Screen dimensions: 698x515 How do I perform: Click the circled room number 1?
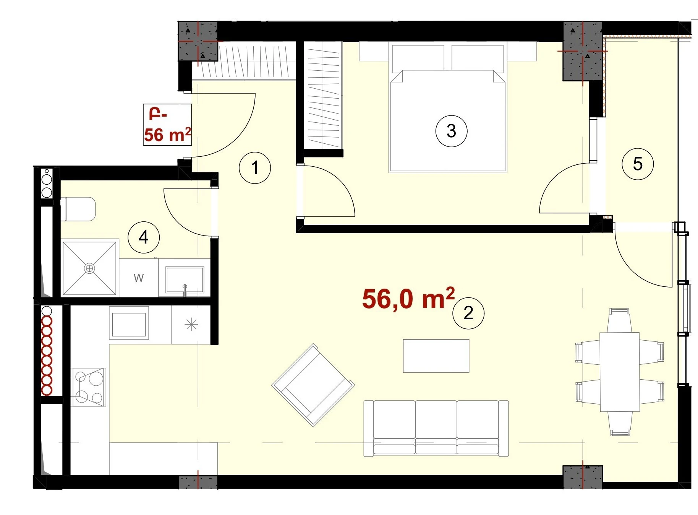[x=255, y=167]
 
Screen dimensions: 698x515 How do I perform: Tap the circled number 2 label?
[x=468, y=313]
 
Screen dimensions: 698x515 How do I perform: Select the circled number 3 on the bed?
[x=451, y=131]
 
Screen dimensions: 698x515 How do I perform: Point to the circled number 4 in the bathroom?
[x=144, y=237]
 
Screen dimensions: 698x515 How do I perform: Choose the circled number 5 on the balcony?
[x=638, y=164]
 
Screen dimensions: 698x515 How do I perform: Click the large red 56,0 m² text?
[x=408, y=298]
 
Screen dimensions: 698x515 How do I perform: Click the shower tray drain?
[x=89, y=268]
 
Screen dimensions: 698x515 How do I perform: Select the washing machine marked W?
[x=139, y=278]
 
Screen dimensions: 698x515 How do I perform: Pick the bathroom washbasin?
[x=185, y=279]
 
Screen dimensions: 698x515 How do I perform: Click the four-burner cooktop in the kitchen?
[x=89, y=387]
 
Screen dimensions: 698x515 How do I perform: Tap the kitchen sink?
[x=129, y=323]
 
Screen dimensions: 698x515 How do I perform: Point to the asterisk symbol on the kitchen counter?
[x=191, y=325]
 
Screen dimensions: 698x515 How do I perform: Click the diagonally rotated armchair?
[x=313, y=385]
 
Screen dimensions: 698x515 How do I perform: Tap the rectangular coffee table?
[x=436, y=356]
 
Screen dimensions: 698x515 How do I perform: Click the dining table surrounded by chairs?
[x=620, y=372]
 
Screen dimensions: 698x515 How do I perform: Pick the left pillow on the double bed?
[x=418, y=58]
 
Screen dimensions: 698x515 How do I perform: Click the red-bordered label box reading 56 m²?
[x=167, y=125]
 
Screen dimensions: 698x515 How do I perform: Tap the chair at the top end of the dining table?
[x=619, y=320]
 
